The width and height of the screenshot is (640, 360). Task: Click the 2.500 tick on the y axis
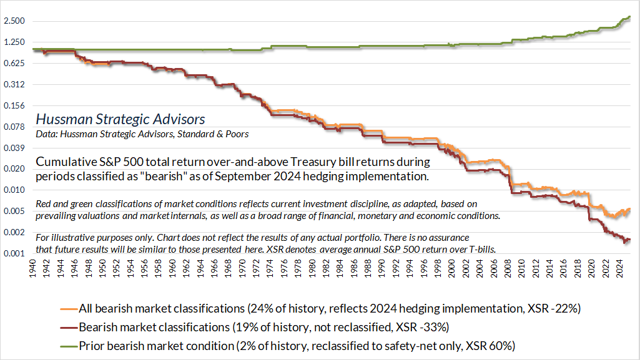pyautogui.click(x=14, y=21)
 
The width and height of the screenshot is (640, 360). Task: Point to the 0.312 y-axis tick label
pyautogui.click(x=14, y=85)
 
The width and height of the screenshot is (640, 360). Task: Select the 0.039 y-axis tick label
pyautogui.click(x=14, y=148)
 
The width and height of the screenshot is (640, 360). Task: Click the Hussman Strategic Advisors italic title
pyautogui.click(x=120, y=119)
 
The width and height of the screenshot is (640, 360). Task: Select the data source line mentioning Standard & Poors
pyautogui.click(x=142, y=134)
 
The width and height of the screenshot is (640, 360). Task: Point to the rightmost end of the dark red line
pyautogui.click(x=630, y=240)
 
